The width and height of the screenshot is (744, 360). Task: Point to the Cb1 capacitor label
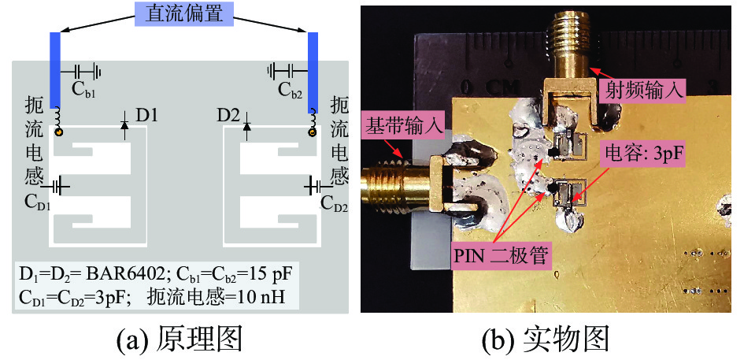pyautogui.click(x=83, y=89)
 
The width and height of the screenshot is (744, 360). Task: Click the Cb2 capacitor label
pyautogui.click(x=291, y=89)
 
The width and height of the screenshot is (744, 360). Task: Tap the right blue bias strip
pyautogui.click(x=313, y=70)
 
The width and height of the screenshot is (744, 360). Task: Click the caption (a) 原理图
pyautogui.click(x=179, y=340)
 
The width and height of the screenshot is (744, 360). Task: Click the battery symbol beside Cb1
pyautogui.click(x=93, y=71)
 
